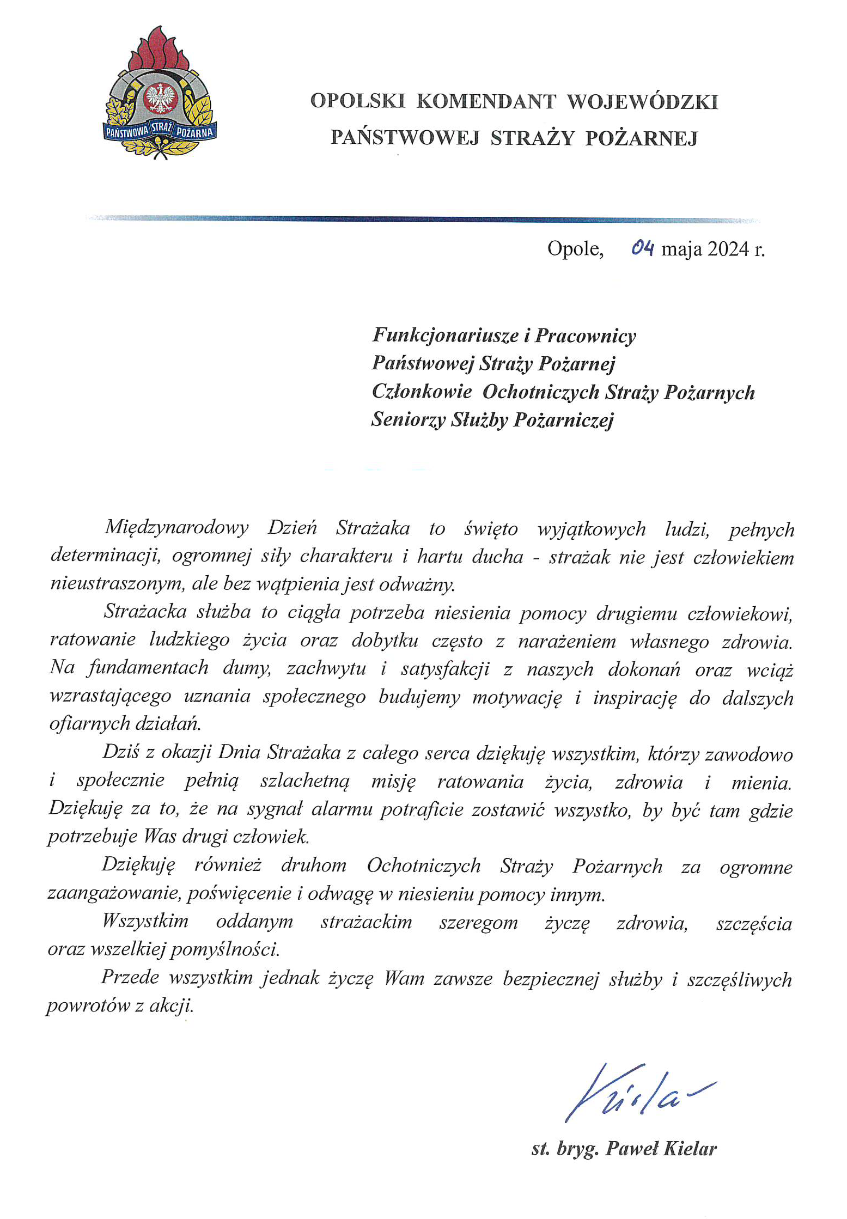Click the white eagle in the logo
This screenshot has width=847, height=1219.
160,99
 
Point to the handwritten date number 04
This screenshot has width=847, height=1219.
642,248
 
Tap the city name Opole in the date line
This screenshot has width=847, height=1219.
575,249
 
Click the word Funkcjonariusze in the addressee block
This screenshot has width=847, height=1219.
445,335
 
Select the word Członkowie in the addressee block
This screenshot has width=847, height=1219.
422,392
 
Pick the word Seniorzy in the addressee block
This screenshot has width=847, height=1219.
408,419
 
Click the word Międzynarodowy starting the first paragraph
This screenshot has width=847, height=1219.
176,528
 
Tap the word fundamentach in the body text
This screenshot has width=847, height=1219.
148,668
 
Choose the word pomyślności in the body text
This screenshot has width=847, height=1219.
226,950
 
